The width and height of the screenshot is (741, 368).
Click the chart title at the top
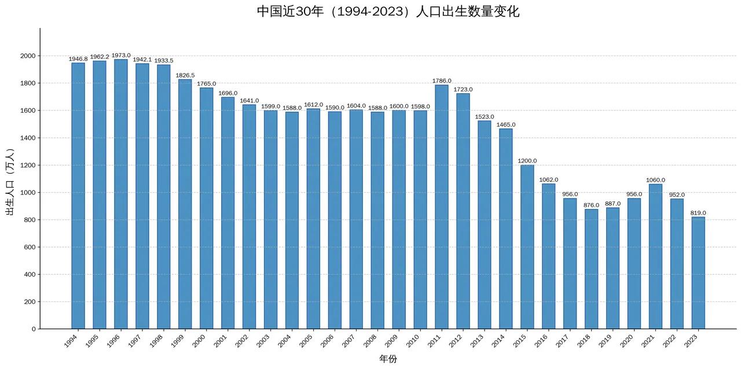[x=388, y=12]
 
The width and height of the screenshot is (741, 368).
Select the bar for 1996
[x=121, y=194]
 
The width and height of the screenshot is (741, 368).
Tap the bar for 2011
[x=442, y=207]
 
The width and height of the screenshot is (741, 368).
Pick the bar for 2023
[x=698, y=273]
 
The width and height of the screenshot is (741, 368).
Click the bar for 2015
[x=527, y=246]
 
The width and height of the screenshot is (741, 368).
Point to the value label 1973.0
[x=121, y=56]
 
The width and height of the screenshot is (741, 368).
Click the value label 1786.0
[x=442, y=81]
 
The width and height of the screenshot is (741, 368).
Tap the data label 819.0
[x=698, y=213]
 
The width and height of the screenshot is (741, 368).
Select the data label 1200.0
[x=527, y=161]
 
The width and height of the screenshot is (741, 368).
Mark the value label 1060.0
[x=655, y=180]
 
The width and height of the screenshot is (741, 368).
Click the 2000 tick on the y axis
[x=27, y=56]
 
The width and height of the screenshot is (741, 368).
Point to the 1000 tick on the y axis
[x=27, y=193]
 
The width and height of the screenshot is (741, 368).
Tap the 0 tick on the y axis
[x=33, y=329]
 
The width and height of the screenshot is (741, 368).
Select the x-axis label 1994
[x=71, y=341]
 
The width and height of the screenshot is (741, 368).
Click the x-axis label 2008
[x=370, y=341]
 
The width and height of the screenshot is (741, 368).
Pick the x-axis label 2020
[x=627, y=341]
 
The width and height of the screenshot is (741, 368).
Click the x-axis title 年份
[x=388, y=359]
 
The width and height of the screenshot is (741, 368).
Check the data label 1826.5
[x=185, y=75]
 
